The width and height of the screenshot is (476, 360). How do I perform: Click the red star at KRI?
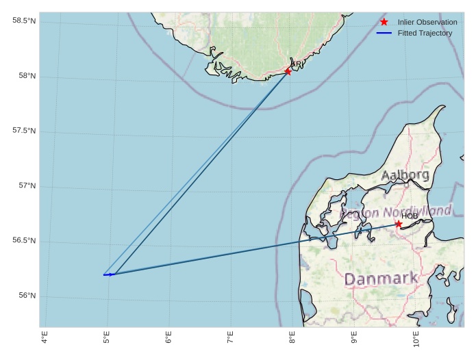click(x=288, y=71)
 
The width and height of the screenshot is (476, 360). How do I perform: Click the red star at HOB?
click(x=399, y=224)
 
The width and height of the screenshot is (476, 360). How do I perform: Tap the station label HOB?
click(x=410, y=216)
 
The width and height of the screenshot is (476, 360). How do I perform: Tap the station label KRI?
click(x=297, y=64)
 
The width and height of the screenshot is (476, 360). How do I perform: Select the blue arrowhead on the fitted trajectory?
click(x=111, y=274)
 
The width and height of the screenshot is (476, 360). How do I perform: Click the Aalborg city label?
click(x=405, y=175)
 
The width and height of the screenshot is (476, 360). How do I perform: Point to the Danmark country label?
click(x=381, y=279)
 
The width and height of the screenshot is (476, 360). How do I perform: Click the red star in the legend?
click(x=384, y=22)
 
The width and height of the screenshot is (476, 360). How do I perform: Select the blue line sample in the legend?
click(x=384, y=33)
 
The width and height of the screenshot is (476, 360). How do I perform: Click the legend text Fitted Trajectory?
click(x=425, y=33)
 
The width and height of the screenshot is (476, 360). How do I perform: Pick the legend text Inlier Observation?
click(x=427, y=22)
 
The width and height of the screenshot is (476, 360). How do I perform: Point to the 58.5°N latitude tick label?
click(x=24, y=21)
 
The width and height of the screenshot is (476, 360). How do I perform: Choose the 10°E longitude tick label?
click(x=416, y=339)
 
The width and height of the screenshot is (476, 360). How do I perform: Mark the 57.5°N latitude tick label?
click(x=24, y=131)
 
